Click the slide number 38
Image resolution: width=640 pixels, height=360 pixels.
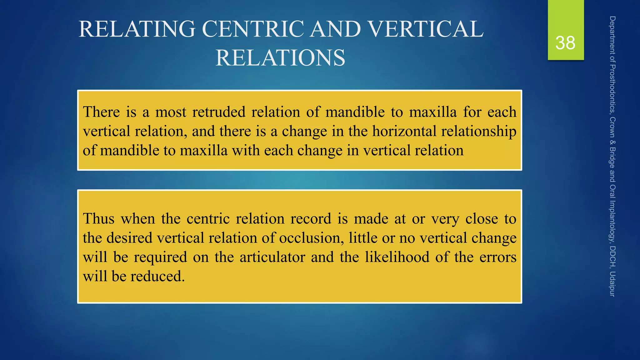click(x=565, y=43)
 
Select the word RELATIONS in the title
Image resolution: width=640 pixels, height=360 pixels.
click(x=280, y=58)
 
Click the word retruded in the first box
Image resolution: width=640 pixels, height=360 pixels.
click(x=219, y=112)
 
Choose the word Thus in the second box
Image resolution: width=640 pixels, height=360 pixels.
click(x=99, y=218)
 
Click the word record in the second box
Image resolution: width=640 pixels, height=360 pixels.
click(x=311, y=218)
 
